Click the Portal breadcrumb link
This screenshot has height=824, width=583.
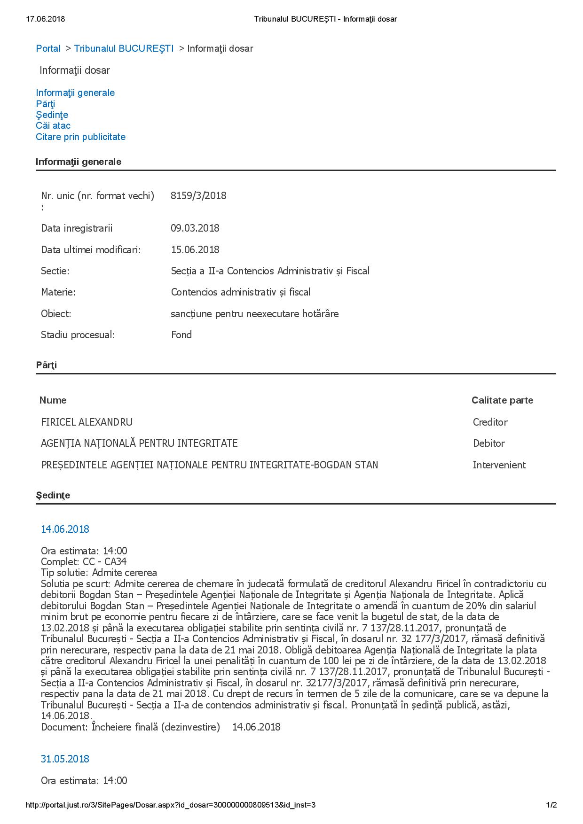[48, 48]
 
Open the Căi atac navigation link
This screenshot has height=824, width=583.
[53, 125]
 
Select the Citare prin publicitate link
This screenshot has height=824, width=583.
[80, 137]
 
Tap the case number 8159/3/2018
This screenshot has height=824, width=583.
[198, 195]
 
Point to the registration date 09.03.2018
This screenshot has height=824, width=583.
[195, 228]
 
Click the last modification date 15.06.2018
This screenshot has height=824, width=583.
[195, 249]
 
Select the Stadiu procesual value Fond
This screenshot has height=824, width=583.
[181, 334]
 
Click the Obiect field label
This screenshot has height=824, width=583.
[56, 313]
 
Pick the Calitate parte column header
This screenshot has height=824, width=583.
[502, 400]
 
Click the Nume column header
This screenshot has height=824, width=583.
[53, 400]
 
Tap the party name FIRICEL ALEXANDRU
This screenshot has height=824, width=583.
[87, 422]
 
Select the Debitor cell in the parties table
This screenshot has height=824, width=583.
[488, 443]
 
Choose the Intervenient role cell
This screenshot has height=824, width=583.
[499, 465]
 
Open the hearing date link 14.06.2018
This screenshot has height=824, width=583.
[65, 529]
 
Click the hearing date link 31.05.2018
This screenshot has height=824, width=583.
[65, 759]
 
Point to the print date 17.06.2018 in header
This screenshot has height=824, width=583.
[46, 19]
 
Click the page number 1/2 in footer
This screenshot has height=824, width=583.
[551, 805]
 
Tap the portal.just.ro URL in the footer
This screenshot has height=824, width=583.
[170, 805]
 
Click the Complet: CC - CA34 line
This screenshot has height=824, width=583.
[84, 561]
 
